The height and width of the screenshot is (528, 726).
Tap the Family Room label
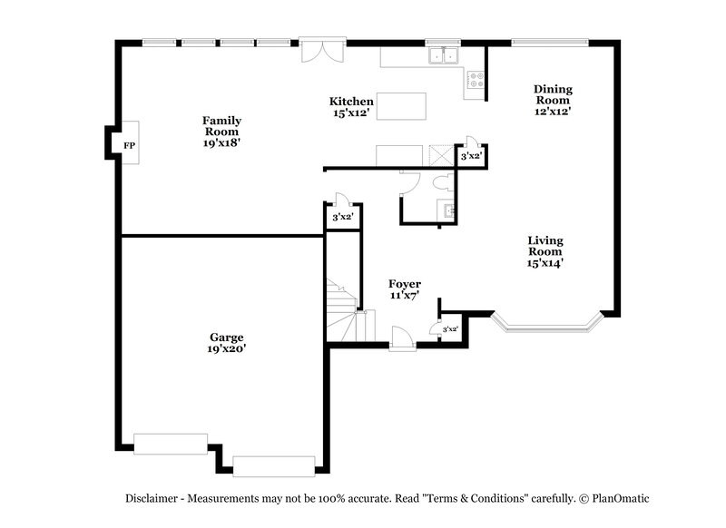pos(221,132)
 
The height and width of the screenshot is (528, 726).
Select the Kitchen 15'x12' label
pos(351,107)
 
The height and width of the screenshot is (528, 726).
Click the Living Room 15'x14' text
pos(546,251)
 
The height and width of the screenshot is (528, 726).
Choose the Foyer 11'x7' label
pos(405,289)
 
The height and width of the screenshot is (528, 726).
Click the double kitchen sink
pos(445,56)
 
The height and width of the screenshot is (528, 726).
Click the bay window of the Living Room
pos(545,322)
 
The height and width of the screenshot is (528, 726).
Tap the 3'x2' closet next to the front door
pos(450,329)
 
